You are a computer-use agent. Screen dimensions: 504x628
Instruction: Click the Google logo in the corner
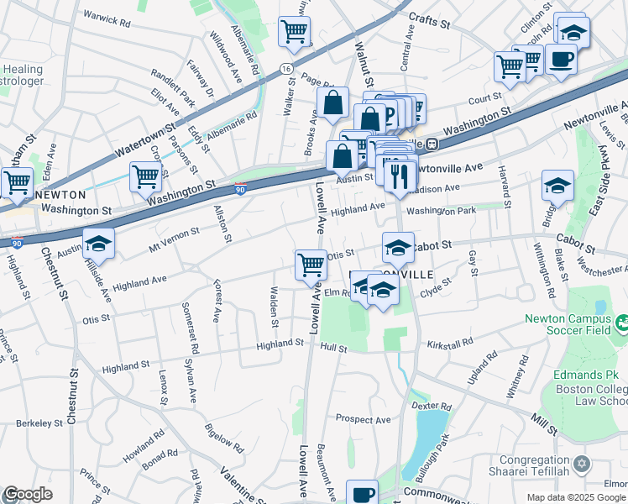[x=27, y=495]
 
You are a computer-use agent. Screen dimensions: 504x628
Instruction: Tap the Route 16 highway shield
[x=287, y=68]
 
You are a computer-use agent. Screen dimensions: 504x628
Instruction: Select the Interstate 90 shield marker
[x=241, y=190]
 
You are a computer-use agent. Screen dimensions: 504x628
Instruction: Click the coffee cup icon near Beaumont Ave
[x=363, y=495]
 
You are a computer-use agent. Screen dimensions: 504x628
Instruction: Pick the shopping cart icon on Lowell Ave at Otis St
[x=311, y=265]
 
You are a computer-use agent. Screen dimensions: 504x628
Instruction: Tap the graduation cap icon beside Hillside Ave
[x=98, y=244]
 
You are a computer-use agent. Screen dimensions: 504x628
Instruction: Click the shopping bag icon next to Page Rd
[x=333, y=104]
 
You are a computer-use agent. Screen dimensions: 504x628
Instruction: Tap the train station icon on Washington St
[x=432, y=144]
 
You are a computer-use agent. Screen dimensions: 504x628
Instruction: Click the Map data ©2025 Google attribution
[x=576, y=497]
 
